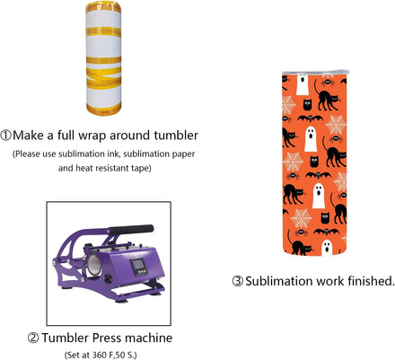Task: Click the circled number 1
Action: [x=6, y=136]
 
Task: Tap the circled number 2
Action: [x=33, y=338]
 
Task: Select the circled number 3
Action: [x=238, y=281]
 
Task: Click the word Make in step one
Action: [x=28, y=136]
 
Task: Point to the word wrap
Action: [x=92, y=136]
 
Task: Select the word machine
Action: [x=149, y=338]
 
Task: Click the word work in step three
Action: [x=329, y=281]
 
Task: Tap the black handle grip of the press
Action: [x=131, y=230]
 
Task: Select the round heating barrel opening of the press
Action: [x=94, y=266]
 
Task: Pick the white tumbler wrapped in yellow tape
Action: [x=103, y=58]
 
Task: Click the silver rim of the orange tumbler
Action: [x=315, y=73]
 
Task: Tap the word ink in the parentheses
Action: [x=114, y=154]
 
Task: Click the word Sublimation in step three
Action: [x=279, y=281]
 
